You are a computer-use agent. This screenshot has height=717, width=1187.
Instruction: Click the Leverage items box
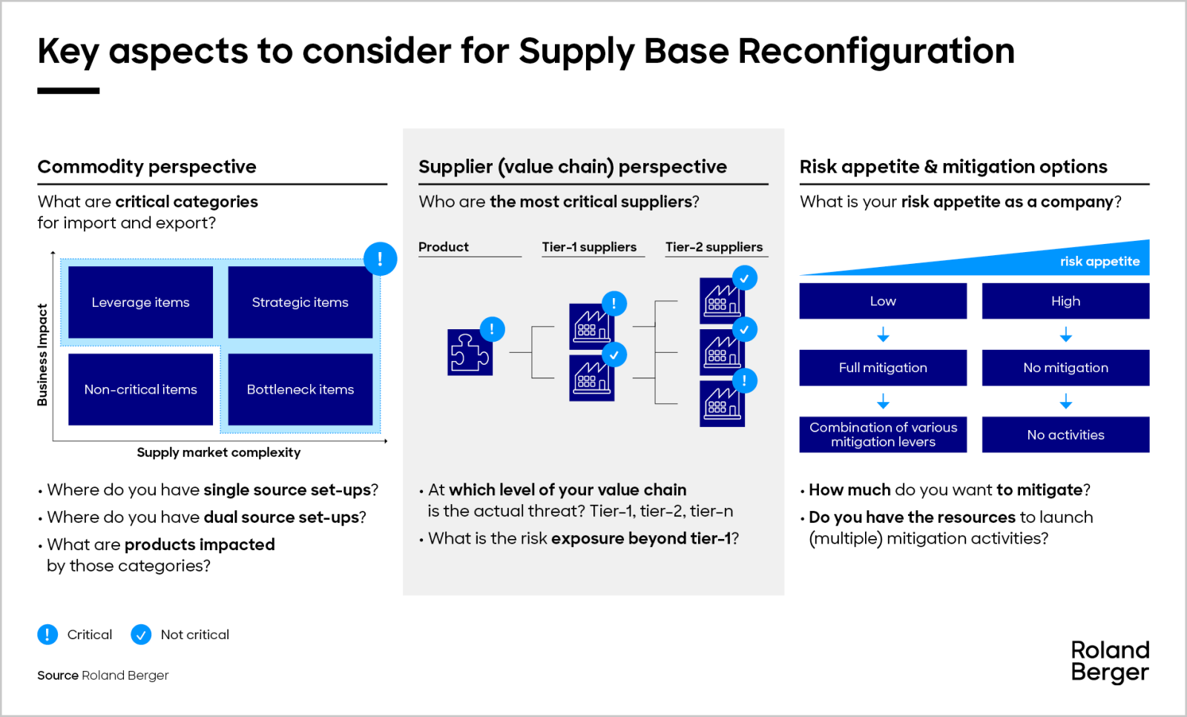(x=140, y=302)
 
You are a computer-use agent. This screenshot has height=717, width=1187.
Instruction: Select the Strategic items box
(x=300, y=302)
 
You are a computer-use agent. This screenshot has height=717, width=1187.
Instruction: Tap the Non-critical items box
(x=140, y=389)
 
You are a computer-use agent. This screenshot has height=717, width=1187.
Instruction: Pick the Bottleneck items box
(x=300, y=389)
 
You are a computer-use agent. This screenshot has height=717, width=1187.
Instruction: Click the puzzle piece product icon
(x=469, y=353)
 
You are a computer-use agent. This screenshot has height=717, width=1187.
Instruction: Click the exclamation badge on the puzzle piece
(x=492, y=329)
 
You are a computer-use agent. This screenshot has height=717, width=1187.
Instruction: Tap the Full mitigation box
(x=883, y=368)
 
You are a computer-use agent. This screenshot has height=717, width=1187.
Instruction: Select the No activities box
(x=1065, y=435)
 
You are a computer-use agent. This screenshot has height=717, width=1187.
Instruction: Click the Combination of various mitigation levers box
(x=883, y=435)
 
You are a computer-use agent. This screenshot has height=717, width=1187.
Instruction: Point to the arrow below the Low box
(x=883, y=335)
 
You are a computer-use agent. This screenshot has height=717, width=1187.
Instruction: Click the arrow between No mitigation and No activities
(x=1065, y=402)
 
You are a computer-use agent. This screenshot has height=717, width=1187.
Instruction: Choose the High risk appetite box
(x=1065, y=301)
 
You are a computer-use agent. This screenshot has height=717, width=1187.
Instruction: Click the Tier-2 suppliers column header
(x=714, y=247)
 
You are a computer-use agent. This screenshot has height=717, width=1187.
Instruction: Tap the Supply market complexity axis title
(x=218, y=452)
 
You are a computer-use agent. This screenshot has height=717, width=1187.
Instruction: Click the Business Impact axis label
(x=42, y=354)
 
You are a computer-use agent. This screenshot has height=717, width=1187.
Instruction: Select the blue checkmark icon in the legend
(x=141, y=635)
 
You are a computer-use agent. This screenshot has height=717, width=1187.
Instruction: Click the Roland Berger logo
(x=1109, y=661)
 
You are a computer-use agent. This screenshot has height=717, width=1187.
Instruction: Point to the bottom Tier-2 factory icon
(x=721, y=405)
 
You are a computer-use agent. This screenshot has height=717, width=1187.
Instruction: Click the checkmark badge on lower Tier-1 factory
(x=614, y=355)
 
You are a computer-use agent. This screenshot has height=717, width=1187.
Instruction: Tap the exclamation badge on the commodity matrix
(x=380, y=259)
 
